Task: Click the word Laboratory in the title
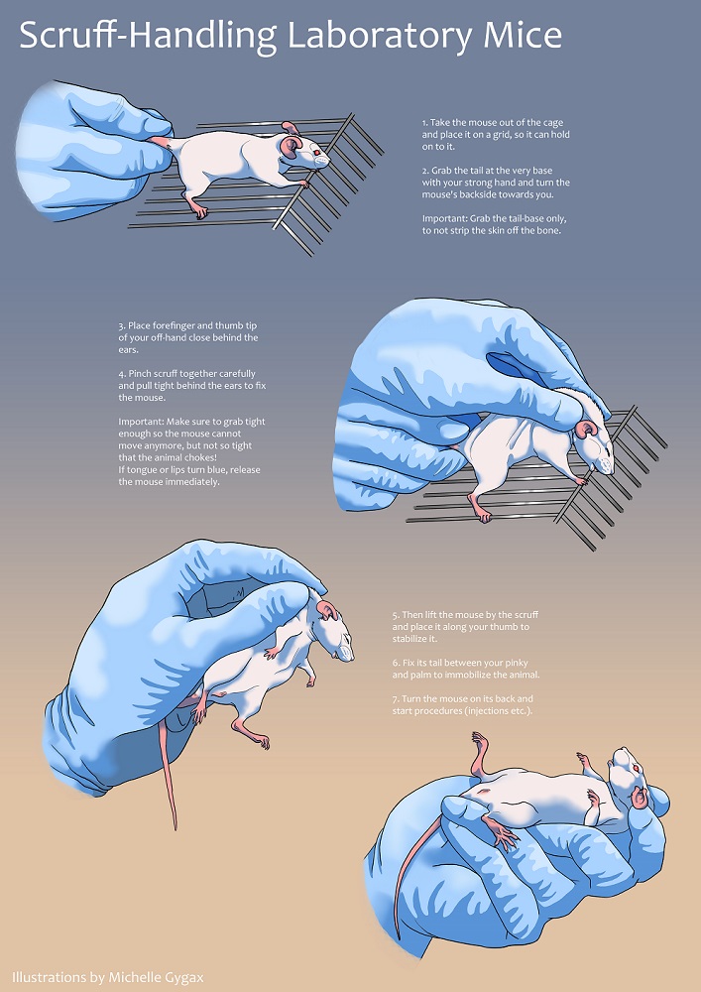click(x=380, y=36)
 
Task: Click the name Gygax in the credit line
click(x=181, y=977)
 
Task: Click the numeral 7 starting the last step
click(x=394, y=699)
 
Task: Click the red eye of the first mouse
click(x=314, y=151)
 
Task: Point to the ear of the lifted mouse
click(x=327, y=611)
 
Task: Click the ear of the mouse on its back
click(x=640, y=798)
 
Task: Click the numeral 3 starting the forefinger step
click(x=121, y=326)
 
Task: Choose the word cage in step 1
click(x=552, y=123)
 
